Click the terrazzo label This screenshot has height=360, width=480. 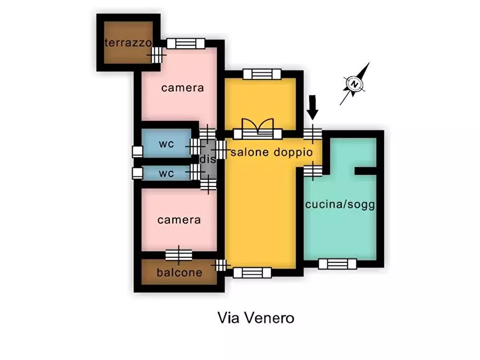pos(128,43)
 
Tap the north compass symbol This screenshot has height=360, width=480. pos(354,84)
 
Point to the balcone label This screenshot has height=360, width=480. pos(180,272)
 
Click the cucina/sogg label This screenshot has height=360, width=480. pos(340,205)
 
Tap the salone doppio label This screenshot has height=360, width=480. pos(271,153)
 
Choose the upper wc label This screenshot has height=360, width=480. pos(166,145)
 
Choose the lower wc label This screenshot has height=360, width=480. pos(166,174)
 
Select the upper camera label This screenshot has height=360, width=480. pos(183,88)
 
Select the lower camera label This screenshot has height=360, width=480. pos(179,220)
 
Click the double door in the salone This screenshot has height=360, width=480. pos(257,129)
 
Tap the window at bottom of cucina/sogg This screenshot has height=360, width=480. pos(337,264)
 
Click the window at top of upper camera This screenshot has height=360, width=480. pos(186,43)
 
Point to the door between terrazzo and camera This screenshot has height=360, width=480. pos(157,54)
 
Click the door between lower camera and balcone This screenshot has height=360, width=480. pos(179,255)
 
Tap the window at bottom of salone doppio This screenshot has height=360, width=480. pos(252,272)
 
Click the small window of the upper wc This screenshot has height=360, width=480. pos(138,151)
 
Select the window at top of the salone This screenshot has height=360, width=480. pos(262,74)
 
